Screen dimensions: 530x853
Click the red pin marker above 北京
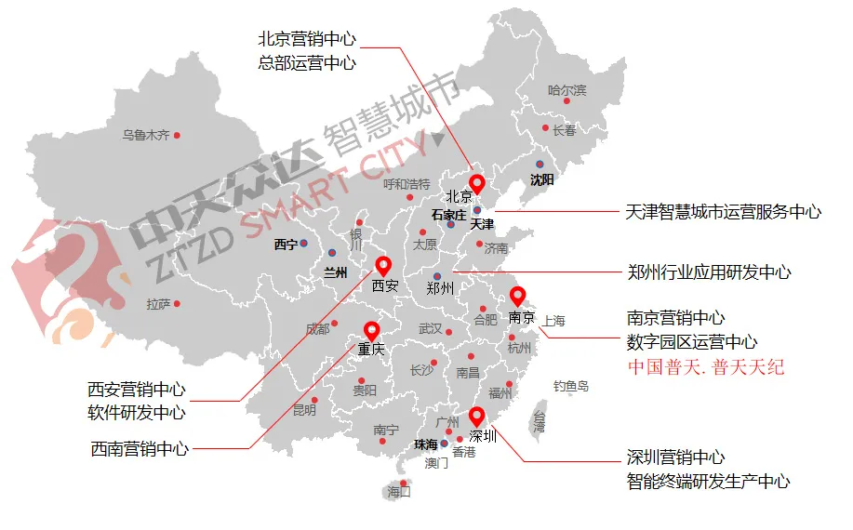(477, 183)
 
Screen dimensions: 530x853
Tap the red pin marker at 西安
(382, 266)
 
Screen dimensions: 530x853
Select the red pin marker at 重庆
(372, 330)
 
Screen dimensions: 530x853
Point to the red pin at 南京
(518, 297)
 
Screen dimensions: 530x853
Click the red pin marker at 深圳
(477, 416)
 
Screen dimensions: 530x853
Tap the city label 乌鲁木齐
(146, 135)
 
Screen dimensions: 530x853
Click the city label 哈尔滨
(566, 90)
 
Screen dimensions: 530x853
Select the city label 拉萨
(158, 304)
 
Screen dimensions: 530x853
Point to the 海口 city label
(399, 492)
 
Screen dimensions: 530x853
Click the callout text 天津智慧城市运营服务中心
(725, 212)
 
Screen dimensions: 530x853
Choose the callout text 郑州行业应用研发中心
(710, 272)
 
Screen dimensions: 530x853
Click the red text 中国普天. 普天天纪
(706, 366)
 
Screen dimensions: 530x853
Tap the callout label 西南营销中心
(140, 449)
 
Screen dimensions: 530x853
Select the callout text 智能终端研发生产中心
(709, 482)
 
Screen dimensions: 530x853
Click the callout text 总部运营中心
(307, 63)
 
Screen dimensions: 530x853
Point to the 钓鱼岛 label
(571, 386)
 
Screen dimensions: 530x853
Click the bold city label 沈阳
(541, 179)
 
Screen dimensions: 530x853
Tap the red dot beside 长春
(545, 128)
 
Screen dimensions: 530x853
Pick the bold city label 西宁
(286, 245)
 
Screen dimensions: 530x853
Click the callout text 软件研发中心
(137, 412)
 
